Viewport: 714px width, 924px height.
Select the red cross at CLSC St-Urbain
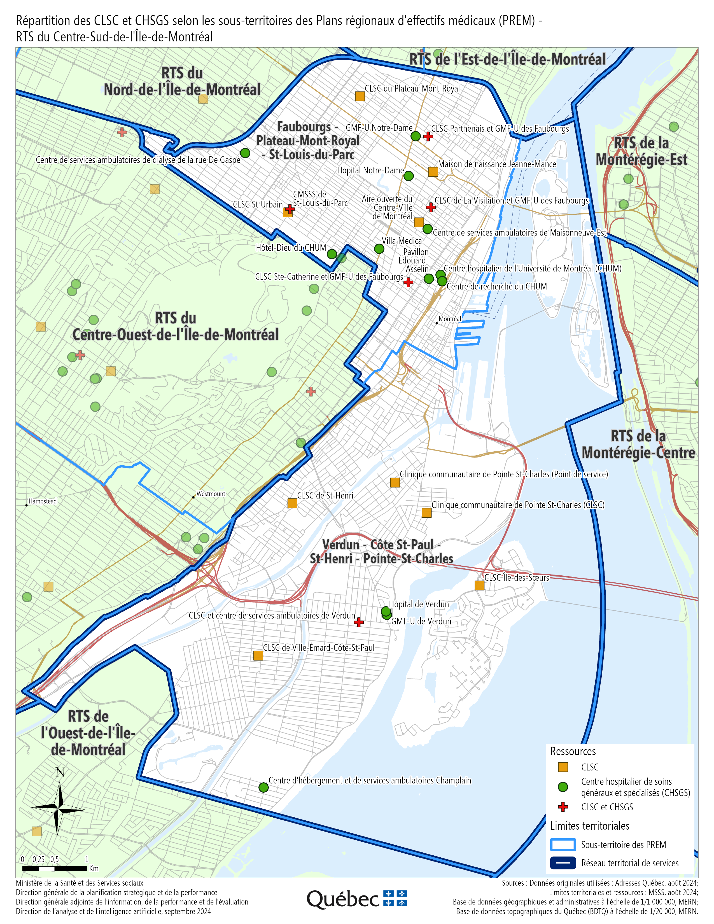click(290, 209)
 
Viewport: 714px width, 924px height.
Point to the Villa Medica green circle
click(379, 249)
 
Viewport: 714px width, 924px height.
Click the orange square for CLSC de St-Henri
click(292, 503)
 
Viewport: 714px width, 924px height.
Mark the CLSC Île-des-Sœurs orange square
click(479, 585)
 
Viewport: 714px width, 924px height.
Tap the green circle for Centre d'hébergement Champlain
click(263, 787)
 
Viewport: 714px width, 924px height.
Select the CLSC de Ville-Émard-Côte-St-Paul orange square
click(258, 655)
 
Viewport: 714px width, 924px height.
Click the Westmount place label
click(210, 494)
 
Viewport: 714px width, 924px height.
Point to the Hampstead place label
click(42, 501)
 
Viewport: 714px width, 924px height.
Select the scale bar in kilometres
click(55, 869)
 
